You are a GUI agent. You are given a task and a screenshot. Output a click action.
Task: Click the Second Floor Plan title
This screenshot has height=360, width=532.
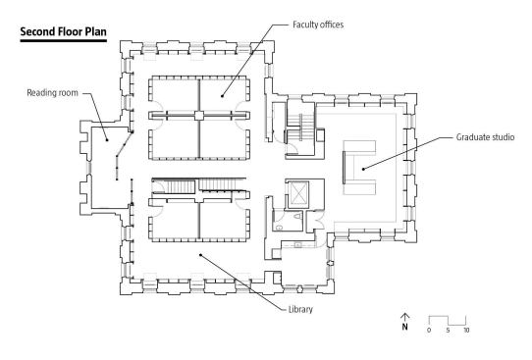tap(64, 31)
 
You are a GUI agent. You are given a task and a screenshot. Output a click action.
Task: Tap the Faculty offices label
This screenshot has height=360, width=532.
tap(318, 25)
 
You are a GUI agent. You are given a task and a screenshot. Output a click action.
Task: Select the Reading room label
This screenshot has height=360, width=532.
tap(52, 93)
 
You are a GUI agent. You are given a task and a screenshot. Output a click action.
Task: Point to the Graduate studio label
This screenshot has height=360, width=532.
tap(485, 137)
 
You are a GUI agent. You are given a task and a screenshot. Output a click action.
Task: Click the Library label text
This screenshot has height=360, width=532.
tap(300, 309)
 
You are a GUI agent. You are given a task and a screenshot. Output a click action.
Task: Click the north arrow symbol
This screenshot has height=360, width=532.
tap(404, 317)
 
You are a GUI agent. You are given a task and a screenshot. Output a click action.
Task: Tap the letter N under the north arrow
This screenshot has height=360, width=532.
tap(404, 327)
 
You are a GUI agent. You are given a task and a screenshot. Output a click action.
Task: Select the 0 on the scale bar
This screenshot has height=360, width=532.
tap(429, 331)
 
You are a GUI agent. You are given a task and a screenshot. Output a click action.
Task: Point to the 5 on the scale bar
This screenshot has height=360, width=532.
tap(448, 331)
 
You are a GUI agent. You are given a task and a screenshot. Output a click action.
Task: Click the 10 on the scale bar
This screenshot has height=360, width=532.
tap(466, 331)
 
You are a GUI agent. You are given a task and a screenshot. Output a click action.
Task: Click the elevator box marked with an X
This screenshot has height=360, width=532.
tap(298, 194)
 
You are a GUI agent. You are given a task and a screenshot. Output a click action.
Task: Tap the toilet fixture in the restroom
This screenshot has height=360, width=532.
tap(297, 216)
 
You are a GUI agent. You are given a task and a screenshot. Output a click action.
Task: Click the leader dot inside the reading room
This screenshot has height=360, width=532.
tap(107, 139)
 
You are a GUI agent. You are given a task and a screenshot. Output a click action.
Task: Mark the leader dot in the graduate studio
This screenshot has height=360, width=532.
tap(363, 169)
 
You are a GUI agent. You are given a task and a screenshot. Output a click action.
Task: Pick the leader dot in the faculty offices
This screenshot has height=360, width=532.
tap(222, 96)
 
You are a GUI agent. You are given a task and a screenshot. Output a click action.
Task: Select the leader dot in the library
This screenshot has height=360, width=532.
tap(200, 255)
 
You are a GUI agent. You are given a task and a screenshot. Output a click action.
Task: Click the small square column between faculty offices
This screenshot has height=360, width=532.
tap(199, 116)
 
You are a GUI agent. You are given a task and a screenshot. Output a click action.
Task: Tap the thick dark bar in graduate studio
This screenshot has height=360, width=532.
tap(344, 168)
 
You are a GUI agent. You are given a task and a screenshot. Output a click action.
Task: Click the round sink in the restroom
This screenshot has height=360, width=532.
tap(279, 228)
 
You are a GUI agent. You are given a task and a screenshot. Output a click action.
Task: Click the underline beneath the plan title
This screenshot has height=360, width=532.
tap(64, 40)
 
